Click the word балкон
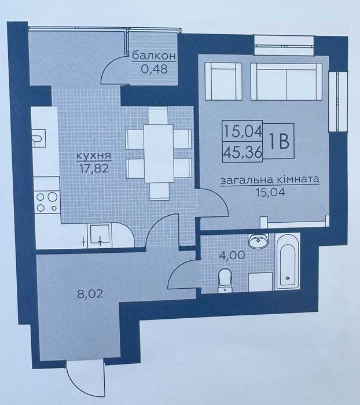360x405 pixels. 154,56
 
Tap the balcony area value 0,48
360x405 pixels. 155,69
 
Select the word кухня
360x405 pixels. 94,156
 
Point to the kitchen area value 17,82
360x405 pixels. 94,169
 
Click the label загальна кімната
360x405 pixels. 270,180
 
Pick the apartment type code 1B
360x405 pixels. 279,141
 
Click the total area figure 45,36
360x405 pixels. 243,152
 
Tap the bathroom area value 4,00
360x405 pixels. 232,255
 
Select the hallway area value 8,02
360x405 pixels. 90,294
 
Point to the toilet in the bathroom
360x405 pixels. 225,280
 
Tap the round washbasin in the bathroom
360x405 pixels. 258,240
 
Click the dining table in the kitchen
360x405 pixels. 159,153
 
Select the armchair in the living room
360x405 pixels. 223,81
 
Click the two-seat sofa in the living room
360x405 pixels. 286,82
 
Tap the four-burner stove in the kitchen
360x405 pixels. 47,202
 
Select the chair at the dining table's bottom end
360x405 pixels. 159,191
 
